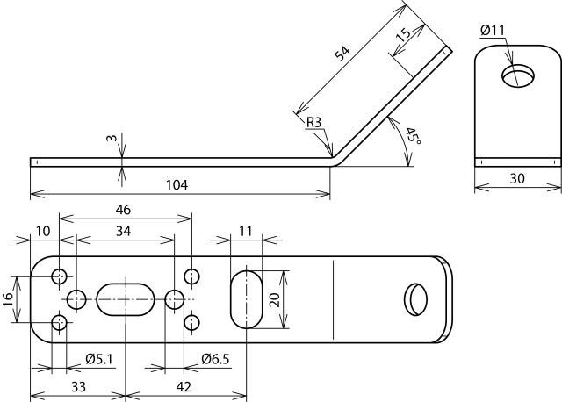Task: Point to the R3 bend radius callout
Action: click(x=313, y=122)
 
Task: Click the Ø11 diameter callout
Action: click(x=493, y=31)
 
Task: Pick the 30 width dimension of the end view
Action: click(x=517, y=177)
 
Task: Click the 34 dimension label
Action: click(x=124, y=231)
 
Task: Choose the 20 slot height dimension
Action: click(x=274, y=299)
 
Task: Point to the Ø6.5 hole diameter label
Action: click(x=216, y=358)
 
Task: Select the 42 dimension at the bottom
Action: click(x=184, y=386)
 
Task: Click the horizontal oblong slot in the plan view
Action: click(x=125, y=299)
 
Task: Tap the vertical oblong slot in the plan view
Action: click(x=247, y=299)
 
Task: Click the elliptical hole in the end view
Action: click(x=517, y=75)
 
